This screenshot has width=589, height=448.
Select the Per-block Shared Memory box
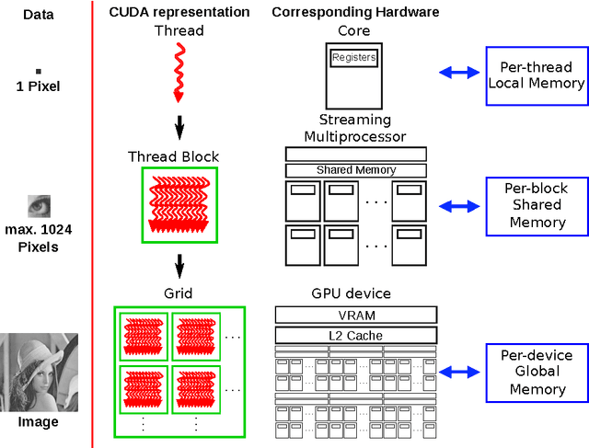coord(535,205)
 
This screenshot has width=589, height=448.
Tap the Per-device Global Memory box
coord(537,372)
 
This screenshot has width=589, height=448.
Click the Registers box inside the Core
coord(354,57)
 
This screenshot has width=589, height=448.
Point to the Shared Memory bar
coord(356,170)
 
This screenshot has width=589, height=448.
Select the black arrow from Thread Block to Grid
coord(180,265)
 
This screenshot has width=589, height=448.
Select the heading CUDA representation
coord(179,12)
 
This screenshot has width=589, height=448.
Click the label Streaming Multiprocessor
coord(354,128)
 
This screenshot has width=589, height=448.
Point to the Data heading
coord(38,14)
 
